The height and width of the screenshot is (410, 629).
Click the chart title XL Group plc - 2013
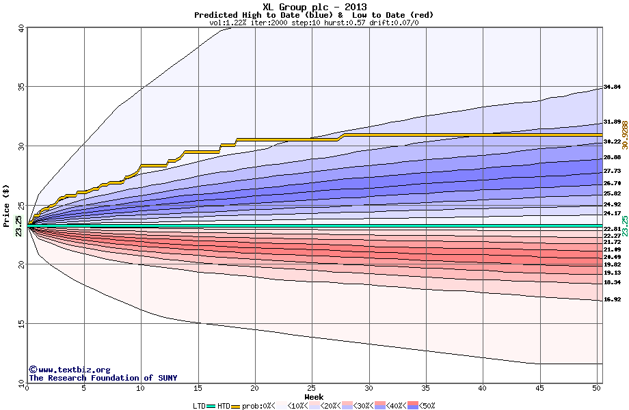tap(314, 7)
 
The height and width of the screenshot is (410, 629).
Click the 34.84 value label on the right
tap(612, 87)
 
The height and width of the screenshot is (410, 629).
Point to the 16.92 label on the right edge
tap(612, 299)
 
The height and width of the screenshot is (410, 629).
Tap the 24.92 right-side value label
tap(612, 204)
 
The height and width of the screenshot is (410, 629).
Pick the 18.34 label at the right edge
tap(612, 282)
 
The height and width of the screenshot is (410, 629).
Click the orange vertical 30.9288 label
tap(624, 135)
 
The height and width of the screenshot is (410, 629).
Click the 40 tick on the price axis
tap(21, 28)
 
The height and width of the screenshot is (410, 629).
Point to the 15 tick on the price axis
tap(21, 324)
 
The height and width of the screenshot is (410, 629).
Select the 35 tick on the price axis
tap(21, 87)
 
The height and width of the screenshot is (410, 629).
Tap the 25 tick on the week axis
tap(312, 388)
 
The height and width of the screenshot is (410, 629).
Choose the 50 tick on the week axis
tap(597, 388)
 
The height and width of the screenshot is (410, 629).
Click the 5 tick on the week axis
tap(83, 388)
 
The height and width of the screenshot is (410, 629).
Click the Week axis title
tap(314, 396)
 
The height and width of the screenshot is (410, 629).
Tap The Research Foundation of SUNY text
tap(91, 378)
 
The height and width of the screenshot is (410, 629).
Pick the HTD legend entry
tap(224, 406)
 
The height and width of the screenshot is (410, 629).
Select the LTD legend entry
tap(200, 406)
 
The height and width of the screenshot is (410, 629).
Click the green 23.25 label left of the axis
tap(18, 225)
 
